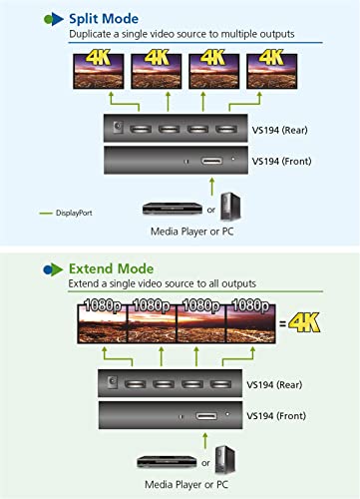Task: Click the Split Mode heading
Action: tap(104, 19)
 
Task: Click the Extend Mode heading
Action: tap(111, 268)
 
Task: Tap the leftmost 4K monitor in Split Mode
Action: tap(99, 71)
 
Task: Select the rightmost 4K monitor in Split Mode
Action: tap(271, 71)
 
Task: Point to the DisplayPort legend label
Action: tap(74, 213)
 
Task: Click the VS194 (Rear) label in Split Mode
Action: tap(279, 130)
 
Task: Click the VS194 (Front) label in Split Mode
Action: tap(281, 162)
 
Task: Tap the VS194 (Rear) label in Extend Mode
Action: tap(274, 385)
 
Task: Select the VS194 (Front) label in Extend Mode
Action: tap(276, 416)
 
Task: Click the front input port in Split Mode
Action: tap(211, 162)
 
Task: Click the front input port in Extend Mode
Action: tap(206, 416)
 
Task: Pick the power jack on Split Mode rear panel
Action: tap(118, 127)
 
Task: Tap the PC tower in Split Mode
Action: tap(230, 207)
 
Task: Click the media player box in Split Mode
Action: tap(173, 209)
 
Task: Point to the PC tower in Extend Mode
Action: tap(225, 460)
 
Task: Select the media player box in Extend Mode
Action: tap(167, 462)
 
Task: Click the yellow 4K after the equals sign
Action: tap(304, 322)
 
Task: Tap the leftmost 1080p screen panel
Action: tap(102, 323)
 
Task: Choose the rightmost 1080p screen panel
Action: tap(251, 323)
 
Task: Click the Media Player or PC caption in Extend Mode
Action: tap(186, 485)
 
